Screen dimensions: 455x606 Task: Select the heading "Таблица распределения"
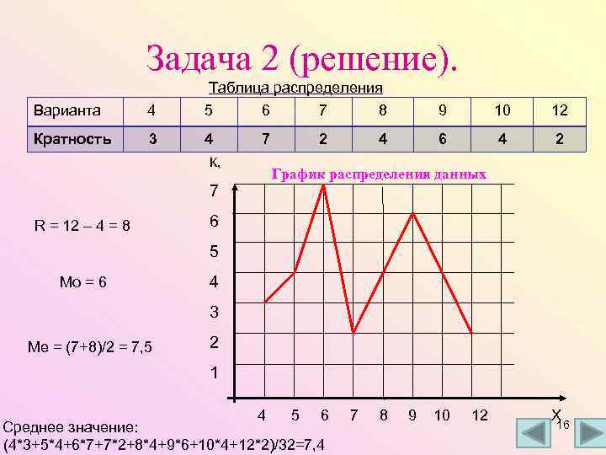[x=295, y=88]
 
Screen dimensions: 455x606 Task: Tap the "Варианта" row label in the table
[x=66, y=110]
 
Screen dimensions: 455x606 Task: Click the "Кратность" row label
[x=72, y=139]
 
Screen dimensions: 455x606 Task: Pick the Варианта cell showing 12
[x=559, y=110]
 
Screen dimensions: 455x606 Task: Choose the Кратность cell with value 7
[x=265, y=139]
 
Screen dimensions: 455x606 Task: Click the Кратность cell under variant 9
[x=442, y=139]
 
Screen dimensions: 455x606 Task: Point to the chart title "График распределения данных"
[x=379, y=174]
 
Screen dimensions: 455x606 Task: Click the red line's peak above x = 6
[x=324, y=185]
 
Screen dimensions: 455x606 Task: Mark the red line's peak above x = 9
[x=412, y=214]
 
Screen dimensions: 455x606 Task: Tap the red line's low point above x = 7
[x=353, y=332]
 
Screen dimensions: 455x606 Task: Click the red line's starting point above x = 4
[x=265, y=302]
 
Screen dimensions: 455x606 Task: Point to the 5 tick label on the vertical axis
[x=215, y=251]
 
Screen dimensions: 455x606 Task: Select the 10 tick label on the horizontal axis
[x=442, y=415]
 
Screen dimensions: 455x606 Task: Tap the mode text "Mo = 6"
[x=82, y=281]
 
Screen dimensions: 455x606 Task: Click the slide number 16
[x=564, y=426]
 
